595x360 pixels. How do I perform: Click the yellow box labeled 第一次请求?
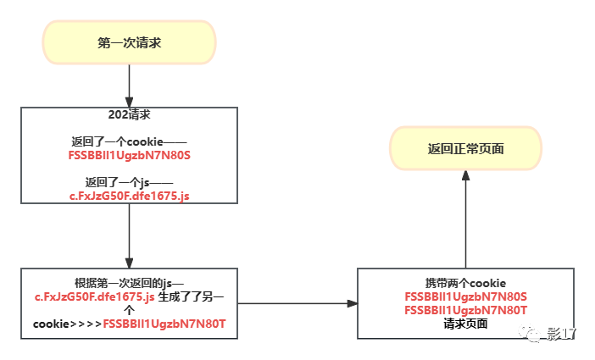coord(129,42)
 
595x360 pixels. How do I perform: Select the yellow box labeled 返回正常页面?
coord(465,148)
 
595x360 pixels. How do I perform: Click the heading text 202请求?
coord(130,114)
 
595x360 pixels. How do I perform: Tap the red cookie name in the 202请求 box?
coord(130,155)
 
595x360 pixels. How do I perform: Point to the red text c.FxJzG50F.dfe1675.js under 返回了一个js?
coord(130,196)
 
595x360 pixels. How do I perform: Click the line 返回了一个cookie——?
coord(130,141)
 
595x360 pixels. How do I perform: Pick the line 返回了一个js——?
coord(130,182)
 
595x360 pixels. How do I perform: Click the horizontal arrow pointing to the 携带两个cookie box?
coord(297,302)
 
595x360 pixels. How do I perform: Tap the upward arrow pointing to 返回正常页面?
coord(465,220)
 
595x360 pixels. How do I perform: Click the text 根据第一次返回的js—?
coord(129,283)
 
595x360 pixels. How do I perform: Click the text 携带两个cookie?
coord(465,283)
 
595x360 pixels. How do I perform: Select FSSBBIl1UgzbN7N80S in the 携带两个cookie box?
coord(465,296)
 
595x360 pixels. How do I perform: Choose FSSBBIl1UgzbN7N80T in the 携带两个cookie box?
coord(465,310)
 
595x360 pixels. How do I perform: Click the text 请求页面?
coord(465,324)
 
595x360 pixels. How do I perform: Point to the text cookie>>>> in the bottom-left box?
coord(67,324)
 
